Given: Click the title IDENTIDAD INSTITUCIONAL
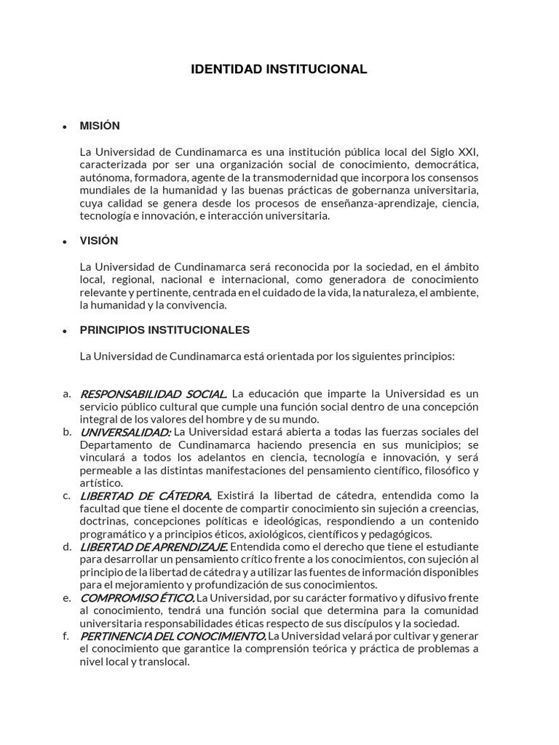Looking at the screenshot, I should [x=279, y=69].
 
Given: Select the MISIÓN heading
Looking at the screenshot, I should [x=100, y=126].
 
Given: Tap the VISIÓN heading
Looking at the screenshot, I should [x=99, y=241].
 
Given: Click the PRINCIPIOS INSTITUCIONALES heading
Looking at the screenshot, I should [x=164, y=330].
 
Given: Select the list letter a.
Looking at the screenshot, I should [x=66, y=394].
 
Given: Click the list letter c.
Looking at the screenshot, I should [x=66, y=495].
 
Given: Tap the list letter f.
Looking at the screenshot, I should [x=66, y=636].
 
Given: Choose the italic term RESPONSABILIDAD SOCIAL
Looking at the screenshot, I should [x=153, y=394].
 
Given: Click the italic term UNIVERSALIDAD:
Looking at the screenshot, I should [x=125, y=432].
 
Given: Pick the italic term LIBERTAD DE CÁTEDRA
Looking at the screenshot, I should [x=146, y=496].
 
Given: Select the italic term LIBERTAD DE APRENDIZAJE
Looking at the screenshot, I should [x=154, y=547].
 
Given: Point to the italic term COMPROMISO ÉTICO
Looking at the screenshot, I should [x=136, y=598].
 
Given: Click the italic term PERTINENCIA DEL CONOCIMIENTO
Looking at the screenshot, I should [x=173, y=636].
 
